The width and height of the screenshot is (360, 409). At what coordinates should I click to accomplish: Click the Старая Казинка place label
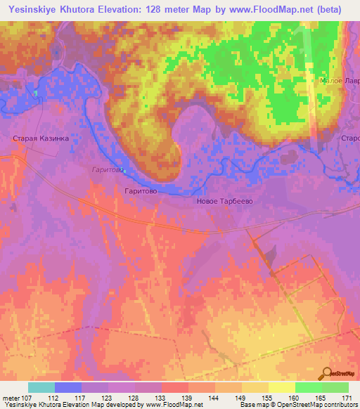[x=41, y=138]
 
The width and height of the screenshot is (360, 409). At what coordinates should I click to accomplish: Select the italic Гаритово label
[x=108, y=169]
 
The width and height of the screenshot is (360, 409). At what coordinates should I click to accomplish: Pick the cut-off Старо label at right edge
[x=350, y=138]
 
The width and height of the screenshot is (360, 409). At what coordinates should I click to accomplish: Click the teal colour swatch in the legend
[x=41, y=388]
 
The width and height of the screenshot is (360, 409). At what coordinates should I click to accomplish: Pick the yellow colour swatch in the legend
[x=282, y=388]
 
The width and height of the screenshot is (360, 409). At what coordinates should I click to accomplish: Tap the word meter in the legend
[x=10, y=398]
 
